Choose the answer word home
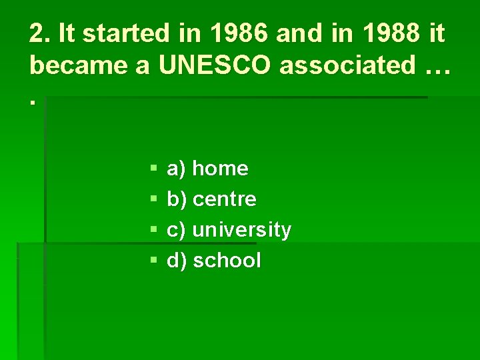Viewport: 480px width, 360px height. (220, 169)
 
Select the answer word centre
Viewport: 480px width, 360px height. (224, 199)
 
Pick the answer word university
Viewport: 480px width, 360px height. (241, 230)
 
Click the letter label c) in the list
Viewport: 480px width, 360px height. (176, 230)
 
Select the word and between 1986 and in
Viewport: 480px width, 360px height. (298, 33)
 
